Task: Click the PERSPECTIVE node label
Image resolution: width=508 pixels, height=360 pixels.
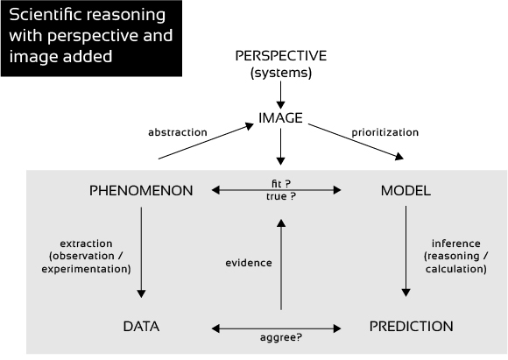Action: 281,56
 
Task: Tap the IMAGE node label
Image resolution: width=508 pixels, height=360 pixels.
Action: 280,118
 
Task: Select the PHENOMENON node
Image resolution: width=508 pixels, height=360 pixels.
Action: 141,191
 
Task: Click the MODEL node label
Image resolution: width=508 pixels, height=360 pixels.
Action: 406,191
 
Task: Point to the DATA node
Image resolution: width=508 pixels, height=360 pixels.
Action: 141,327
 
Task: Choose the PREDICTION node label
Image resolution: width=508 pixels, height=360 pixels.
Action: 412,327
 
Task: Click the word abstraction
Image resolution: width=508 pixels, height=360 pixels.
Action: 178,132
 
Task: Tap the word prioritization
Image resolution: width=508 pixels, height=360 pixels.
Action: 385,132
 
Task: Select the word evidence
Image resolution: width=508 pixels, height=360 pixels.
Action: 249,263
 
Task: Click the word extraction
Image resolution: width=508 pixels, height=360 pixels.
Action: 86,244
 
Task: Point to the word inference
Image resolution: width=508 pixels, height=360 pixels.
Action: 456,244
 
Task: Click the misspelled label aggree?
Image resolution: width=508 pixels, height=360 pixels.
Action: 281,337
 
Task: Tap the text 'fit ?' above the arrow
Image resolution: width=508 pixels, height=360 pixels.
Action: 281,184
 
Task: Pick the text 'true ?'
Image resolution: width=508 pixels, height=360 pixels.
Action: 281,197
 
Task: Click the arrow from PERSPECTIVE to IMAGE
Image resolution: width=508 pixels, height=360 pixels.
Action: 280,95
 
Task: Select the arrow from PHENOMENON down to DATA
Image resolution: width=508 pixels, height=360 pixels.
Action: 141,252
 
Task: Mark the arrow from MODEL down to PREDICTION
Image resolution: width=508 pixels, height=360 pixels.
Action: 406,251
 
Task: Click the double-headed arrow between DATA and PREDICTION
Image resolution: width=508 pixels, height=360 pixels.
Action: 277,328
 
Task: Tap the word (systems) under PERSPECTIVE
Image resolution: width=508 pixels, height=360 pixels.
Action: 281,73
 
